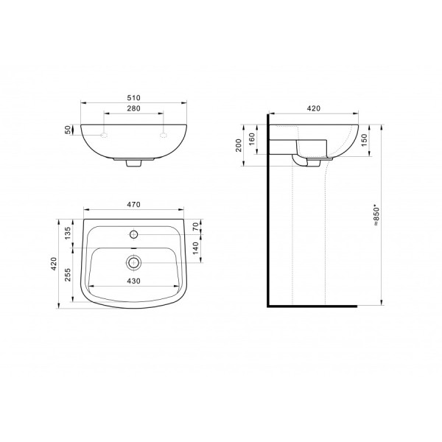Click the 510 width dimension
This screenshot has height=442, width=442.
[133, 98]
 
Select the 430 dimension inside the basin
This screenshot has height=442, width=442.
[133, 281]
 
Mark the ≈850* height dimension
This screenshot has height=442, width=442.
[376, 215]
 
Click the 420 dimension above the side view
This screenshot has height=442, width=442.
[314, 108]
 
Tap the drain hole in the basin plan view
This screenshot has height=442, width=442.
[134, 262]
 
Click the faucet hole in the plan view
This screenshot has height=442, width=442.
[134, 235]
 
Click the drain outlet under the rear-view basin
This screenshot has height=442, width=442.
[133, 164]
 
